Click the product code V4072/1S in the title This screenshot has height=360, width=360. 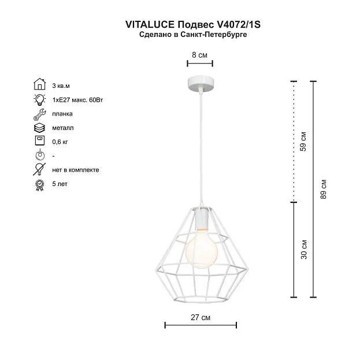239,25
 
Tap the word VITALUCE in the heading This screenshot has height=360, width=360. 150,25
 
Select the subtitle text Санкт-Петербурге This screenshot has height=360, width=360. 214,35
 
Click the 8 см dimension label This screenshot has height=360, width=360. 199,55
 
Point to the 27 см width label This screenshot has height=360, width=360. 201,317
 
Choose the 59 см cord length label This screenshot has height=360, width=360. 303,142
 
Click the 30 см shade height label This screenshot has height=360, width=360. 304,250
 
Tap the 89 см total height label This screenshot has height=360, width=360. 323,189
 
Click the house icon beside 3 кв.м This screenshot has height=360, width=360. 40,84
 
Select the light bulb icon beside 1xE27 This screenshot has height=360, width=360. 39,99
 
